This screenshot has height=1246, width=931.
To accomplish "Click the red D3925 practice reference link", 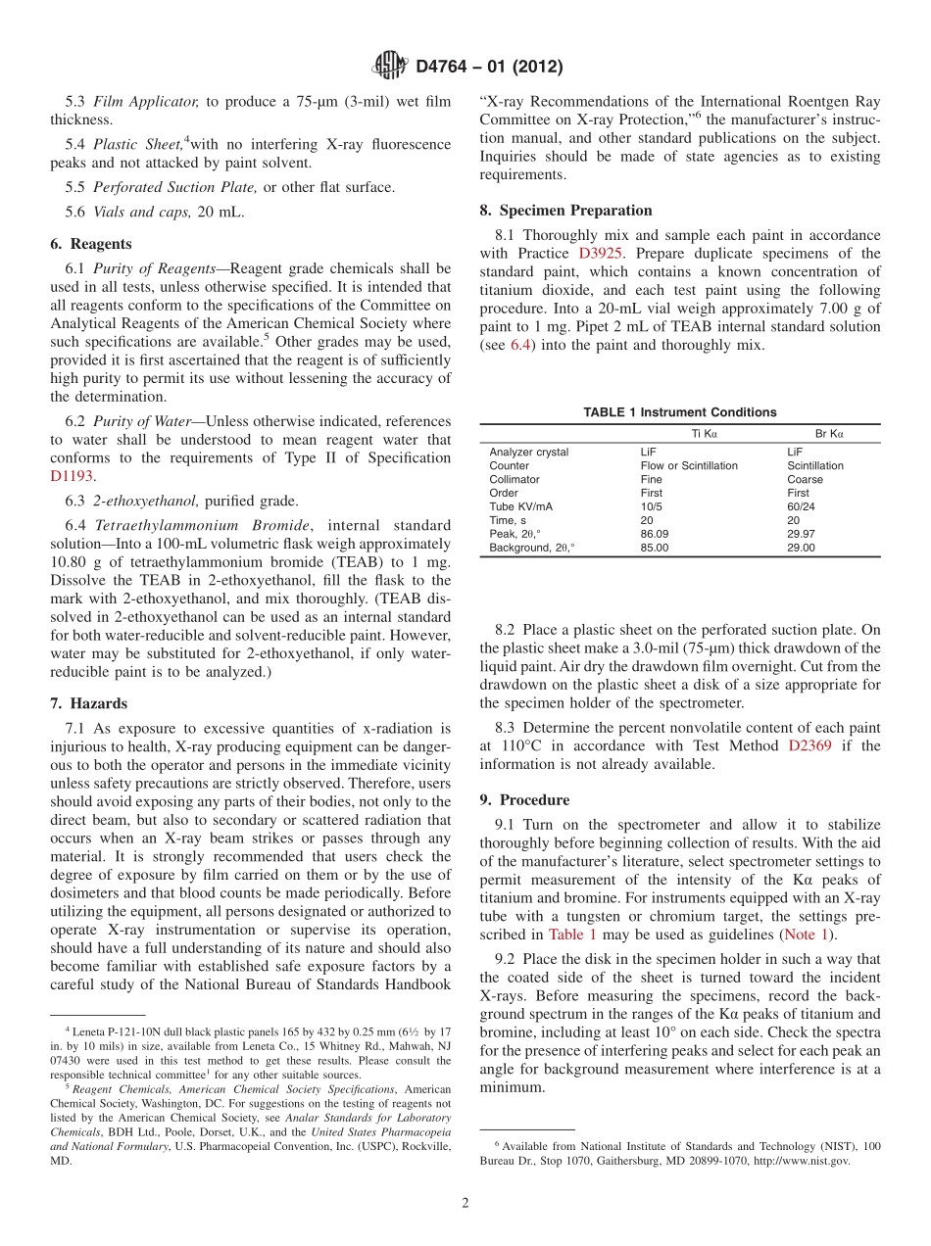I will tap(599, 254).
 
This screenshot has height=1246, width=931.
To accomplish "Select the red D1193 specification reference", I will tap(72, 476).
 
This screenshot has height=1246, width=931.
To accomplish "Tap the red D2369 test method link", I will tap(810, 745).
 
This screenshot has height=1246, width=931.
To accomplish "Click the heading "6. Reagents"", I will tap(90, 244).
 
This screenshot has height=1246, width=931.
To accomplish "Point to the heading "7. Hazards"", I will tap(88, 703).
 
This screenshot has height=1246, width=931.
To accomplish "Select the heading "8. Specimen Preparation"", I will tap(565, 210).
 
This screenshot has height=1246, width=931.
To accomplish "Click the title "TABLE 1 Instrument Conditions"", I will tap(679, 412).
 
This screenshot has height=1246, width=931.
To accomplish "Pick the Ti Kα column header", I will tap(704, 433).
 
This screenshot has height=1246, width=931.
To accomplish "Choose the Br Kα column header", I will tap(829, 433).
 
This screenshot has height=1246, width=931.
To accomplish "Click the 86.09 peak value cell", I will tap(655, 535).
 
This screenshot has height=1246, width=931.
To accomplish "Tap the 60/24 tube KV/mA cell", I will tap(801, 507).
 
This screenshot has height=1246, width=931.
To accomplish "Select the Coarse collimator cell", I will tap(805, 480).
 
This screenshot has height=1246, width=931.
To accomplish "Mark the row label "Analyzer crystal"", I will tap(528, 453).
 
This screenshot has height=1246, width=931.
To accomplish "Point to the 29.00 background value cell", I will tap(801, 549).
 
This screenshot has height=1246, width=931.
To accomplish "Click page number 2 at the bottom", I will tap(465, 1203).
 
